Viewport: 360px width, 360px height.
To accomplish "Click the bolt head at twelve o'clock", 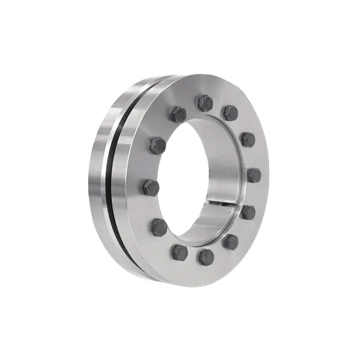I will point(205,103).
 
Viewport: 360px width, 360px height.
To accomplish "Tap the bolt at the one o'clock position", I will point(230,113).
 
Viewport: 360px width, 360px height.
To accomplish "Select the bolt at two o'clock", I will point(247,139).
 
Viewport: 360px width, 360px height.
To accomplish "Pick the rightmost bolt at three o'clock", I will point(254,175).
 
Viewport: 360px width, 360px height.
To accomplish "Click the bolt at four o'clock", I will point(248,212).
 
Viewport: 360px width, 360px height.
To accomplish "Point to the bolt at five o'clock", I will point(230,242).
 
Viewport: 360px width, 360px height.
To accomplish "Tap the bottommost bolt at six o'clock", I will point(206,257).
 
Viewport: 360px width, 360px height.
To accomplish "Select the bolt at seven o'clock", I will point(179,252).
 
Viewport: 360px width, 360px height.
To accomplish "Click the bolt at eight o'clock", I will point(159,227).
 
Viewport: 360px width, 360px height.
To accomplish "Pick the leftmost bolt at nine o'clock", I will point(151,188).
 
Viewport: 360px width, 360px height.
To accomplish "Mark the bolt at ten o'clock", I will point(158,145).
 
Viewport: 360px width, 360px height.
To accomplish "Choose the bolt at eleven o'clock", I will point(178,115).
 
